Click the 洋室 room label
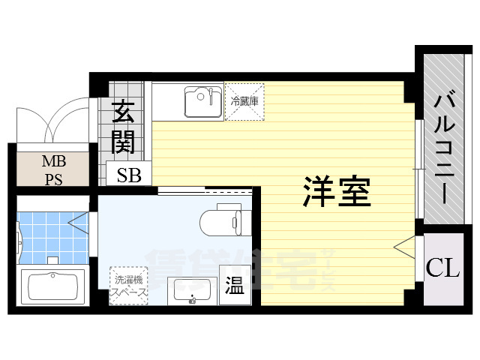(337, 192)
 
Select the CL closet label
(442, 268)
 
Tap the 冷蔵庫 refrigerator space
(244, 101)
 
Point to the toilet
(221, 220)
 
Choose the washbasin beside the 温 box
(191, 289)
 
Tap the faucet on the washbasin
(192, 300)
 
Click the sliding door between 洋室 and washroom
(202, 188)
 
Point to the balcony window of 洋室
(417, 172)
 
